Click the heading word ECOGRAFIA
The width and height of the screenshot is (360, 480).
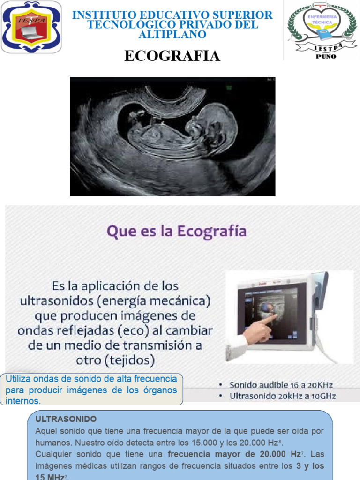(172, 56)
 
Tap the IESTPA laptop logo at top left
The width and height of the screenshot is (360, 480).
(31, 27)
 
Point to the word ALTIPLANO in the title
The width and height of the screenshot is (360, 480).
(172, 34)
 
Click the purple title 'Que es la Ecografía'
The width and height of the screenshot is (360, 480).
(177, 232)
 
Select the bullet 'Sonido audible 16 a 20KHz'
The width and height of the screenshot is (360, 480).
(281, 385)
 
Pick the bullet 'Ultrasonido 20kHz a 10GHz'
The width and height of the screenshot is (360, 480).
(283, 396)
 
